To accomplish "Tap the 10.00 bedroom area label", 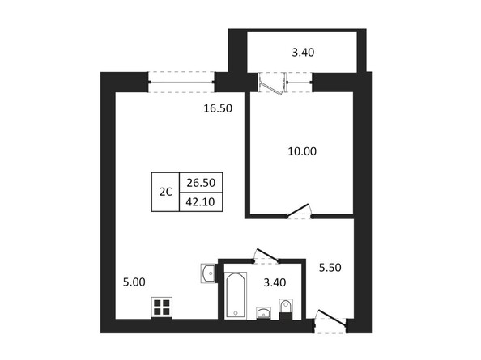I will tap(302, 150).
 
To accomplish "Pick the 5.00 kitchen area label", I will tap(133, 282).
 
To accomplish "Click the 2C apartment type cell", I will tap(165, 192).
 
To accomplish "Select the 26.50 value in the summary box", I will tap(200, 183).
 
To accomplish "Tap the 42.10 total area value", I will tap(200, 201).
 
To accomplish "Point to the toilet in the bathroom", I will tap(285, 308).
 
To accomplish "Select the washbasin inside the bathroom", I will tap(262, 313).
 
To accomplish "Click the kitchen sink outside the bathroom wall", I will tap(208, 273).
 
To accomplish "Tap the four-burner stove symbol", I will tap(163, 307).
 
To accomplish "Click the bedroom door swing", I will tap(300, 211).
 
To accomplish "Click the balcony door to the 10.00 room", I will tap(270, 84).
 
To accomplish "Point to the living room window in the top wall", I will tap(181, 80).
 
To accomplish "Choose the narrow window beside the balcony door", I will tap(300, 80).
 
